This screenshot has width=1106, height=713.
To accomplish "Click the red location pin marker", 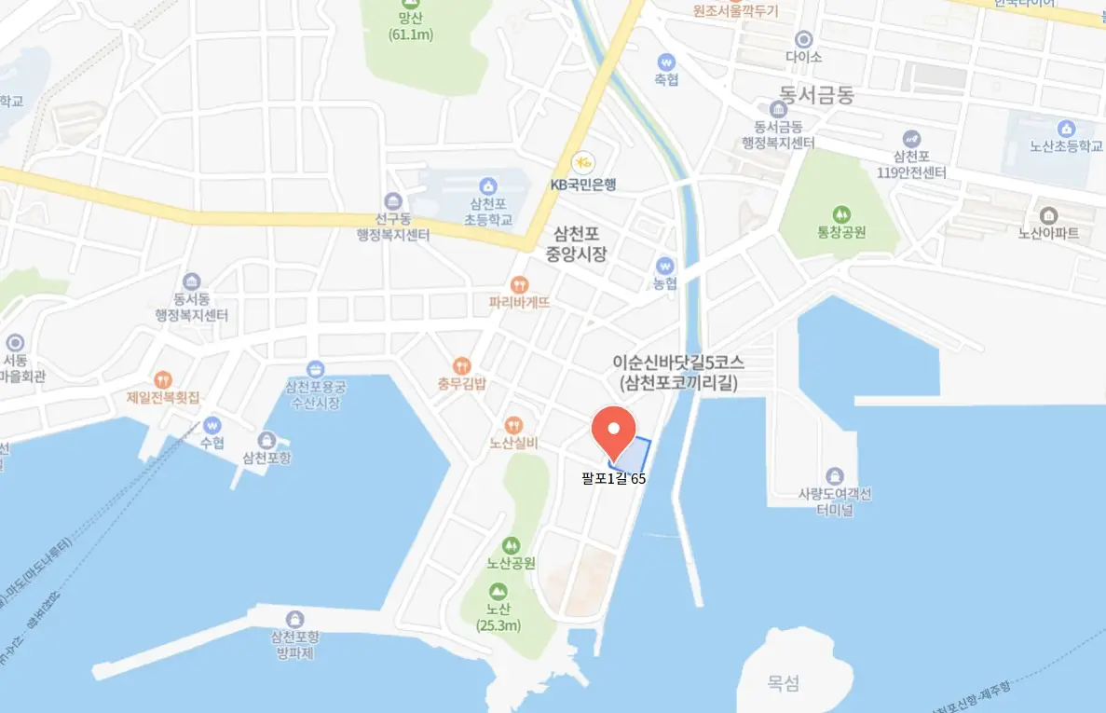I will click(x=613, y=432).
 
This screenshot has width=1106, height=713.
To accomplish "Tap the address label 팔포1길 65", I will click(x=613, y=479).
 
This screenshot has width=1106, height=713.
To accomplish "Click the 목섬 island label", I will click(x=784, y=683).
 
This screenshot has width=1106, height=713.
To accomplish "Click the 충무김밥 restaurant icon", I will click(x=461, y=365).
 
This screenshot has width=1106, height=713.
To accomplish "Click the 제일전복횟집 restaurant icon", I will click(x=164, y=378).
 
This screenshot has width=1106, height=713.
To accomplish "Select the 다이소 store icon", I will click(x=803, y=38).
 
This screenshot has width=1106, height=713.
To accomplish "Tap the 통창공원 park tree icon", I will click(x=842, y=214).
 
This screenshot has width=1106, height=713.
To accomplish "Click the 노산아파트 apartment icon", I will click(x=1048, y=215).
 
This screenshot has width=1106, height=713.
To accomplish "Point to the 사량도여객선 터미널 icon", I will click(x=834, y=475).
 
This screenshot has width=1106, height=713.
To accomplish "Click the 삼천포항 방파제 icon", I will click(x=295, y=619).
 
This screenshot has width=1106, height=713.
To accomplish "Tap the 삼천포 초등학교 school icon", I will click(x=485, y=186).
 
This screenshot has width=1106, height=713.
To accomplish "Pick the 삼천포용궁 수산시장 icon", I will click(x=315, y=369).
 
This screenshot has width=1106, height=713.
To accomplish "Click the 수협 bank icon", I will click(x=212, y=424).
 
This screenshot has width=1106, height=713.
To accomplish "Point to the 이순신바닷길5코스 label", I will click(x=679, y=362).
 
